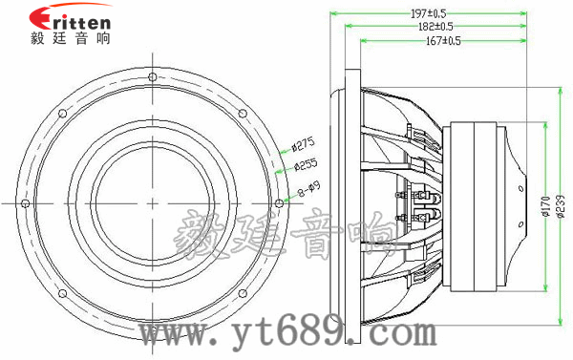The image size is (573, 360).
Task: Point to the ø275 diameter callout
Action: coord(303,145)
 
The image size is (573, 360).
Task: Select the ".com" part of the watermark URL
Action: coord(392,334)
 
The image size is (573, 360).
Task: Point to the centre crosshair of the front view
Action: coord(153,201)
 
